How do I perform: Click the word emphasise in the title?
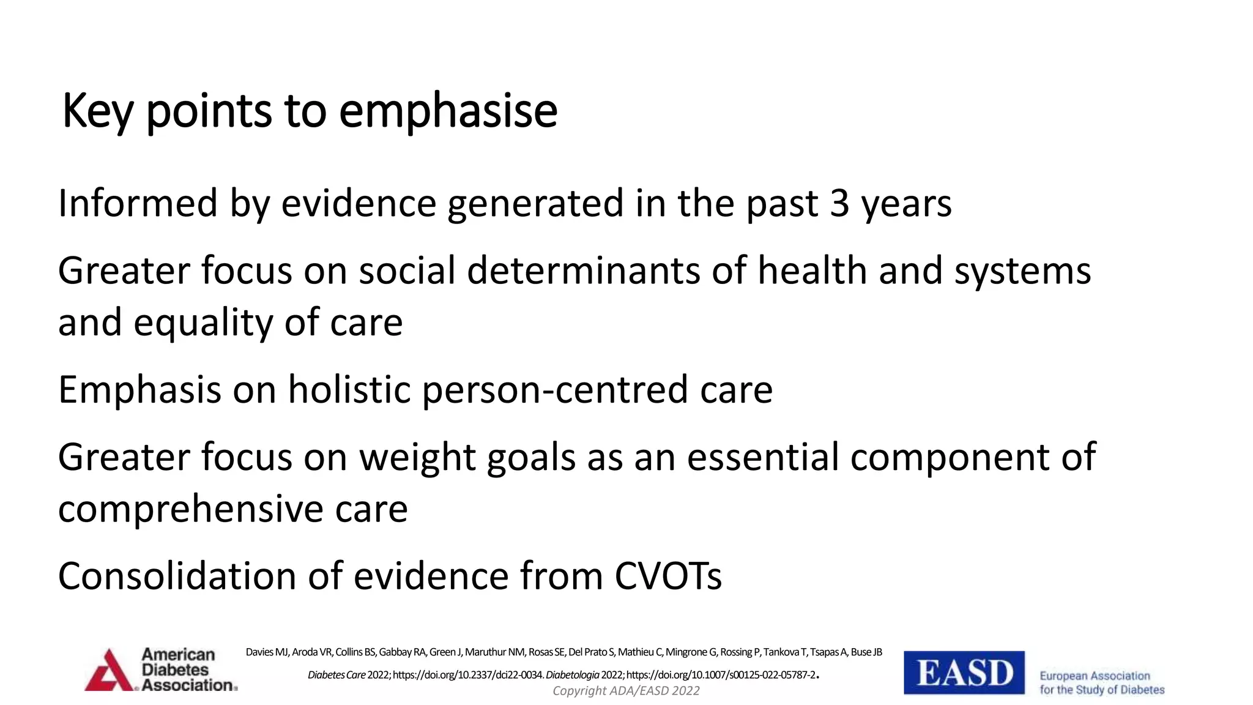(x=448, y=111)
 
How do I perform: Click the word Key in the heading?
(x=97, y=111)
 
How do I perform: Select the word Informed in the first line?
(x=138, y=204)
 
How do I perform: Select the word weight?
(x=417, y=457)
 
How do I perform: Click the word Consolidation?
(x=177, y=576)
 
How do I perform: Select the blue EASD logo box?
(x=964, y=673)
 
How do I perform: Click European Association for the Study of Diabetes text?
(x=1101, y=682)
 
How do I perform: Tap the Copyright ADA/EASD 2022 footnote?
(x=626, y=691)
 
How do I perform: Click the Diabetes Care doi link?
(x=467, y=675)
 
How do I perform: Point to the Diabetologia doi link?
(x=721, y=675)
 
